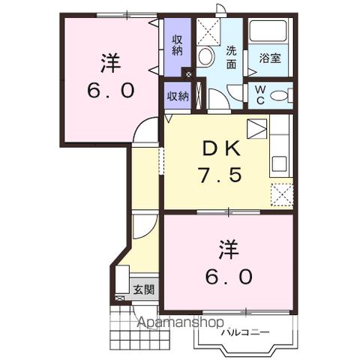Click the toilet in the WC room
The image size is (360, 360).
(279, 95)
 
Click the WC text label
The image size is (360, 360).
(259, 94)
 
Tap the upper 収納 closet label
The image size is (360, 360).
(177, 45)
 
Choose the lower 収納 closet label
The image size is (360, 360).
(178, 95)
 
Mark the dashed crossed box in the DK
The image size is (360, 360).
(281, 194)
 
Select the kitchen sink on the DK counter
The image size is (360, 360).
(279, 162)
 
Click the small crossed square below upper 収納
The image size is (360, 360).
(188, 74)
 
